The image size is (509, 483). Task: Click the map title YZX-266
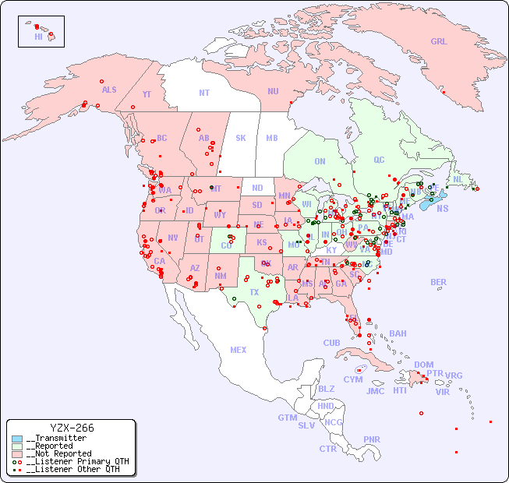[x=72, y=428]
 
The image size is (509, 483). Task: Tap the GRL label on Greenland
[x=439, y=41]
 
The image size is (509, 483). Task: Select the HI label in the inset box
[x=38, y=36]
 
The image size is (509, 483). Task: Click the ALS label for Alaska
[x=109, y=90]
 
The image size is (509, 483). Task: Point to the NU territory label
[x=273, y=91]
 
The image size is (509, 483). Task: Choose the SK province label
[x=241, y=138]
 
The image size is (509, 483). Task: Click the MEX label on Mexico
[x=239, y=350]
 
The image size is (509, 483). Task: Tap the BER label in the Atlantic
[x=439, y=282]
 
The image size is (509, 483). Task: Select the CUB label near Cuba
[x=331, y=343]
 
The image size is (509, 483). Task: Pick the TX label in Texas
[x=254, y=292]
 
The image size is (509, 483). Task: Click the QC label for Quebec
[x=379, y=160]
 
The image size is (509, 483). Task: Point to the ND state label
[x=257, y=188]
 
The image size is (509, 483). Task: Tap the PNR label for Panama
[x=372, y=439]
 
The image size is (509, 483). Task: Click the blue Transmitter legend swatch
[x=17, y=439]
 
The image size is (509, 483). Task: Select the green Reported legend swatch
[x=17, y=446]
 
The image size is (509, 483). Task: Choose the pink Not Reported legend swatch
[x=17, y=453]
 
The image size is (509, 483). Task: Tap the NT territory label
[x=204, y=92]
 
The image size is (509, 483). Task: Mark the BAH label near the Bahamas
[x=398, y=333]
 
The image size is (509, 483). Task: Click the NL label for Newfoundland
[x=458, y=178]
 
